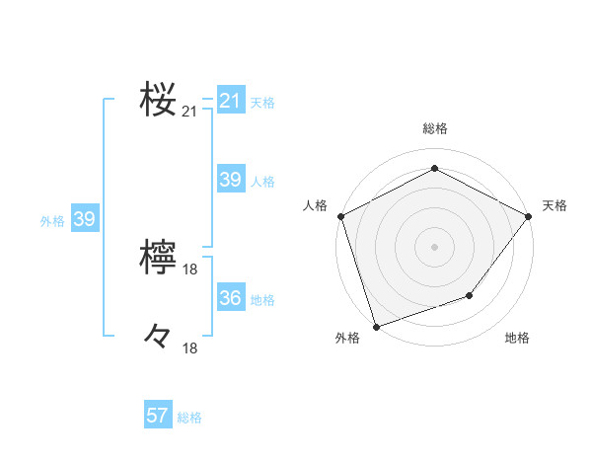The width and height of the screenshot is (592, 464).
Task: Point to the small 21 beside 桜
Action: click(x=189, y=113)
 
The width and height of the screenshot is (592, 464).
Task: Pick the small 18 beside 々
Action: click(x=190, y=348)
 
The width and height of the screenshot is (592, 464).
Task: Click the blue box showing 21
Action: click(x=230, y=101)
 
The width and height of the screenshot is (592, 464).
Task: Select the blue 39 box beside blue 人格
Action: click(x=230, y=180)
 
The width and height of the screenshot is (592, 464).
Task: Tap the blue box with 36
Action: click(x=230, y=298)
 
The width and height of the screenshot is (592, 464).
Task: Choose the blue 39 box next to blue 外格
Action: click(x=84, y=219)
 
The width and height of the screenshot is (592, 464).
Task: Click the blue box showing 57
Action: click(x=157, y=416)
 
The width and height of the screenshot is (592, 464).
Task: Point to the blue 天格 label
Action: click(x=262, y=102)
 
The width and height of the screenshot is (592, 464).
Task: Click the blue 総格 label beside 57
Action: click(x=189, y=418)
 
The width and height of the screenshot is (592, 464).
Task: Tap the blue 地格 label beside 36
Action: click(x=262, y=299)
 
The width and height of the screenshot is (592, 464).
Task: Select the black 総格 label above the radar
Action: click(x=434, y=129)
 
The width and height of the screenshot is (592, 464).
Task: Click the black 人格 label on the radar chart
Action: click(x=315, y=205)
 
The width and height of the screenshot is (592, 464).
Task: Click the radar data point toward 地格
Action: click(x=470, y=295)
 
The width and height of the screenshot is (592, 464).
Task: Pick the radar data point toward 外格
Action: click(x=376, y=326)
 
